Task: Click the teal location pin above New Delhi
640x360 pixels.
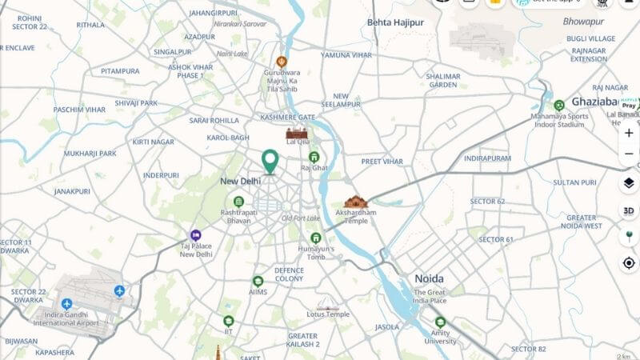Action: click(x=270, y=160)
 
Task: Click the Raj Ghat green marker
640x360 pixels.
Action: click(x=314, y=157)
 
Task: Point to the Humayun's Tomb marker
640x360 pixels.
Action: click(x=316, y=238)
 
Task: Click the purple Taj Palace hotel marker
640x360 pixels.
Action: click(x=185, y=234)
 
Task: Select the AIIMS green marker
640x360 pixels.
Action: click(x=258, y=282)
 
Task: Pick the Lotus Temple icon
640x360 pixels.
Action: click(x=328, y=305)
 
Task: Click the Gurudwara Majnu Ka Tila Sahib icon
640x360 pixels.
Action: click(x=282, y=62)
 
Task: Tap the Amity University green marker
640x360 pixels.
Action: click(x=439, y=322)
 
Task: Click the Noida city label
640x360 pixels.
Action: click(x=429, y=278)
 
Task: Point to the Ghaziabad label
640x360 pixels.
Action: click(x=594, y=102)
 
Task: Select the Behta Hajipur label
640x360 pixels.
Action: click(x=395, y=22)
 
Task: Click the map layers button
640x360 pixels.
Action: click(x=629, y=183)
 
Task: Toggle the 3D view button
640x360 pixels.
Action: click(x=629, y=210)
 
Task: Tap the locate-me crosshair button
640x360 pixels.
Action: click(x=629, y=262)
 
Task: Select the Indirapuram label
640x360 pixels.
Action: click(x=487, y=158)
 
